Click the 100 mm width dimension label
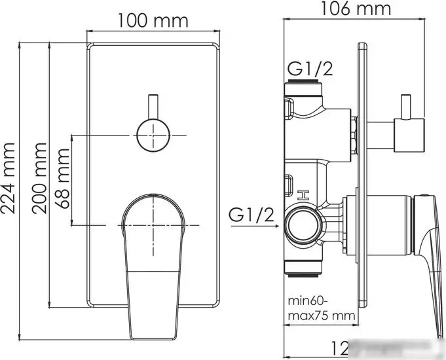click(153, 20)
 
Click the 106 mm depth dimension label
click(357, 9)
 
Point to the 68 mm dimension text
click(63, 178)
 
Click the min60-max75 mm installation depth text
click(321, 309)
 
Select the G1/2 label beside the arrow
click(251, 214)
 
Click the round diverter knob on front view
click(153, 135)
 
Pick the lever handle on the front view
click(153, 262)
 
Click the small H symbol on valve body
click(303, 194)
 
